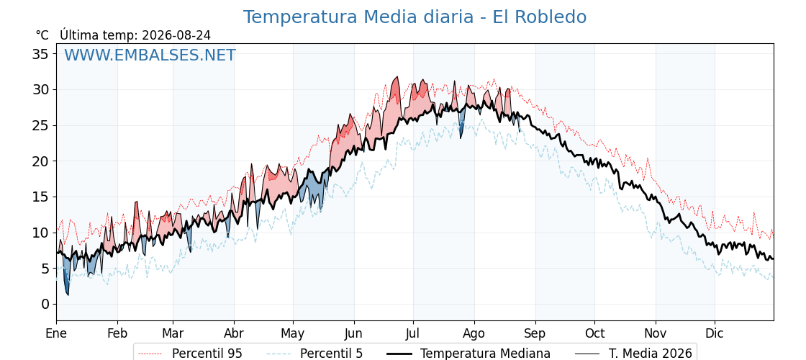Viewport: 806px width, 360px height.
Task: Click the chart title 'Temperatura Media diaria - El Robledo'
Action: tap(415, 17)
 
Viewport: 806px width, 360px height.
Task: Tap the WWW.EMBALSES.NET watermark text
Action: tap(150, 55)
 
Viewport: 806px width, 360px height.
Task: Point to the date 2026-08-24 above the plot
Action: tap(176, 35)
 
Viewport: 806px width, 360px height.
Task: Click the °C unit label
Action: tap(42, 35)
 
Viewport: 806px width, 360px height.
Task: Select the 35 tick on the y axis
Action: tap(41, 54)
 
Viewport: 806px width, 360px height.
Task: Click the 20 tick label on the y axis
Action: tap(41, 161)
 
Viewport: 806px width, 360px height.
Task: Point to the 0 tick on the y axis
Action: tap(46, 305)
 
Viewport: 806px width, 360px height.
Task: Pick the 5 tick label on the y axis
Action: tap(46, 269)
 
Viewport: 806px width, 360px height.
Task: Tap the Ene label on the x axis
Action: tap(56, 334)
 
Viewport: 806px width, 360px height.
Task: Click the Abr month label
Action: tap(234, 334)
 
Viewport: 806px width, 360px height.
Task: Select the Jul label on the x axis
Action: tap(413, 334)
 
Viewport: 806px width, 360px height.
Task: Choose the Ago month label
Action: tap(474, 334)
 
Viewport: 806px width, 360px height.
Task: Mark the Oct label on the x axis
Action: tap(594, 334)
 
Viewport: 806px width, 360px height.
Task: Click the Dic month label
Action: tap(715, 334)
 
